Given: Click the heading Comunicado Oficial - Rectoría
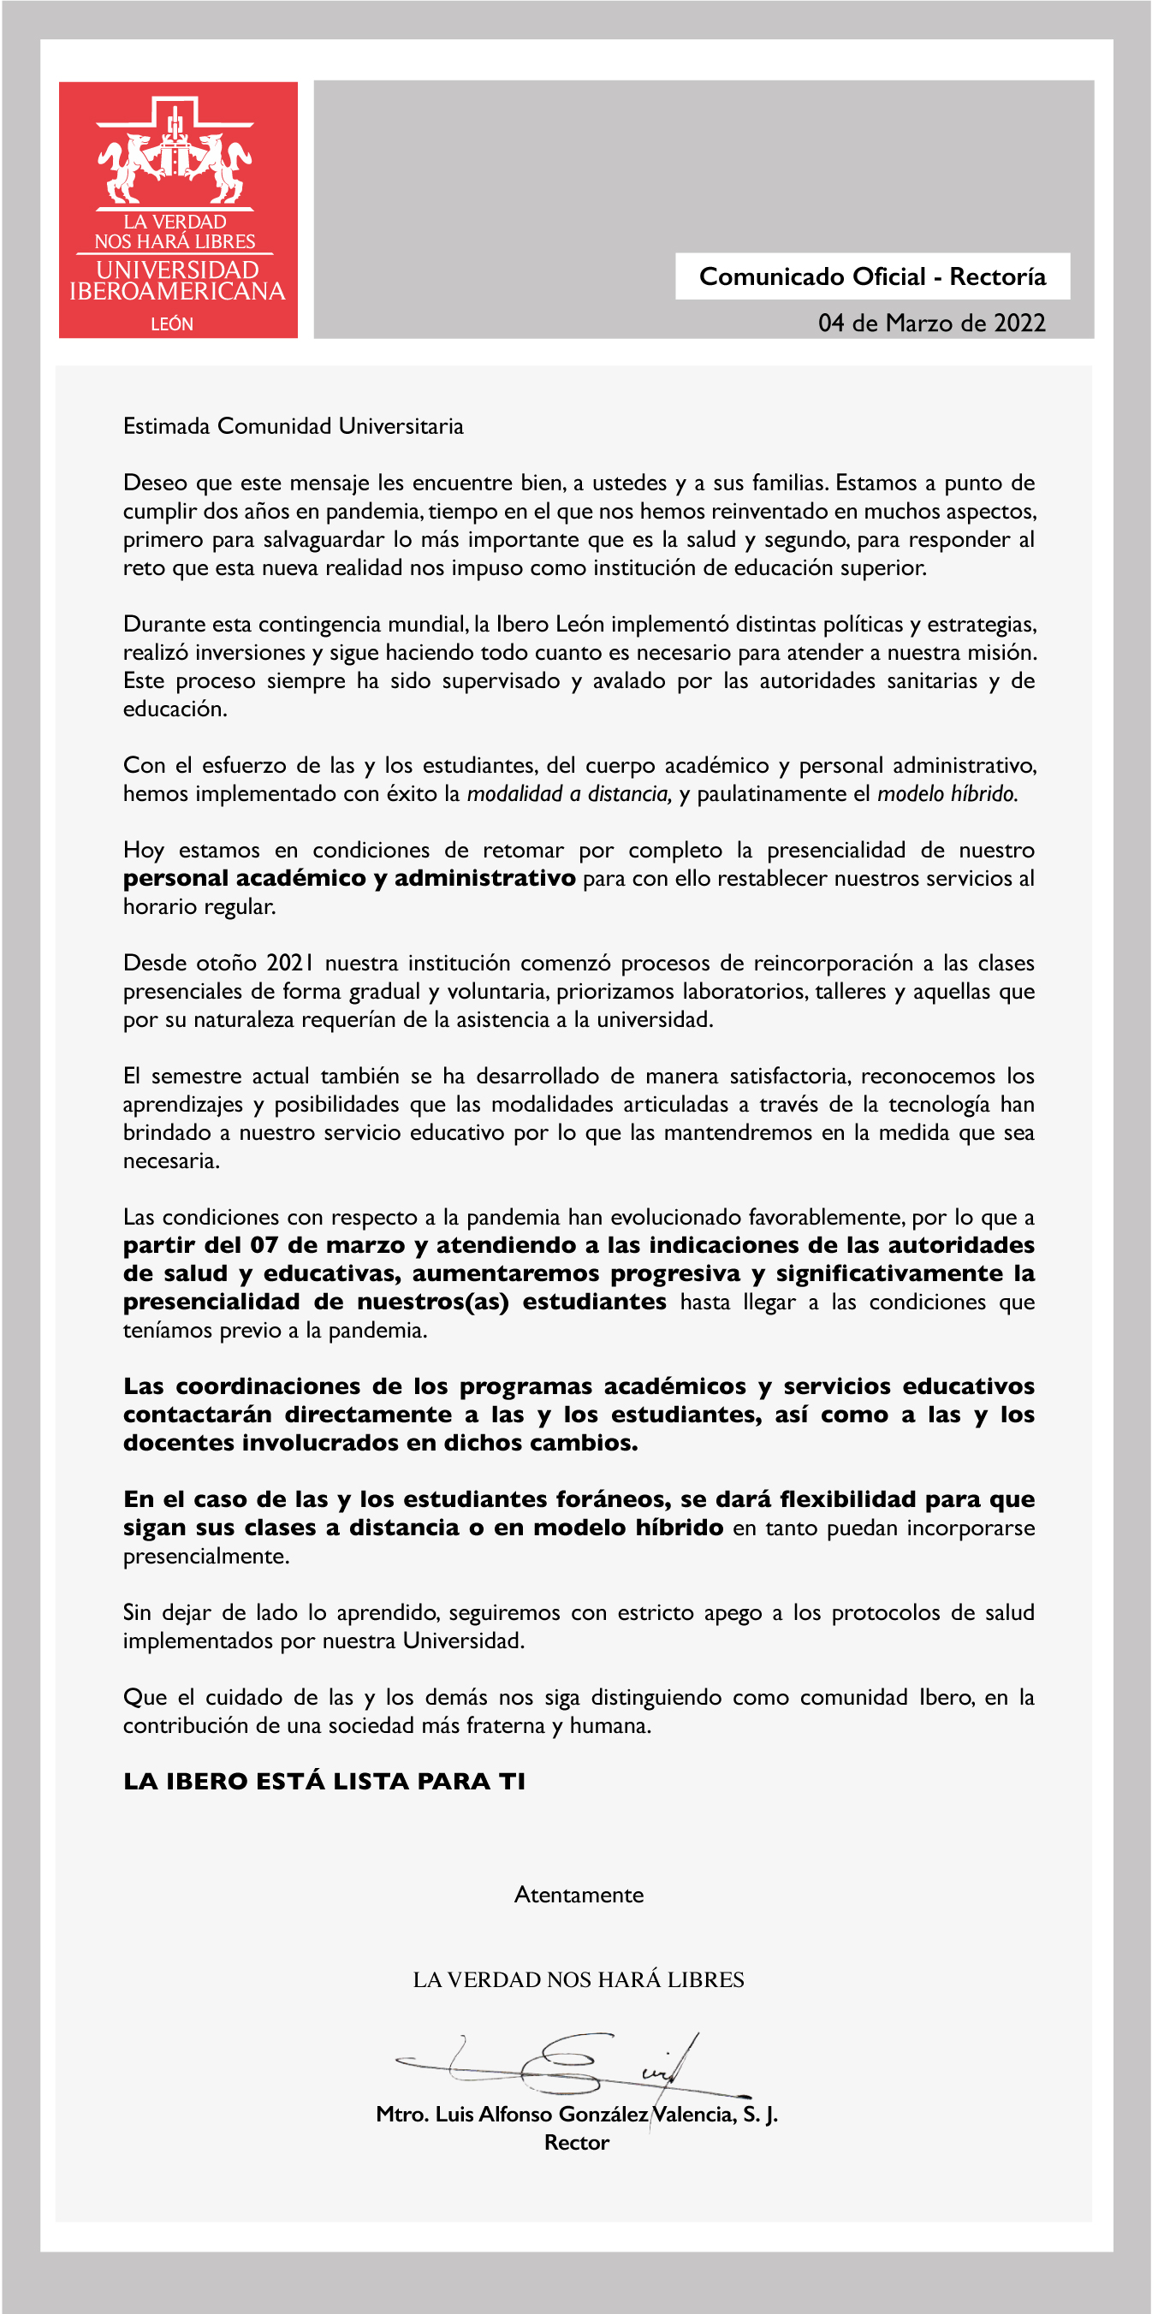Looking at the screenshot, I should (x=871, y=276).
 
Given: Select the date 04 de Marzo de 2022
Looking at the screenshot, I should (x=931, y=323).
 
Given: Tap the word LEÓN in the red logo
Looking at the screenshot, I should (x=172, y=323).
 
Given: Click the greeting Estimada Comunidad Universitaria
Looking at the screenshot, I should (x=293, y=426).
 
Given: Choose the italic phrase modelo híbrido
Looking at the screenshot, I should (x=947, y=793).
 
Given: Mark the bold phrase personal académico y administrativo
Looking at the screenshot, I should (x=348, y=878).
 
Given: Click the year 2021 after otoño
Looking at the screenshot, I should (x=289, y=963).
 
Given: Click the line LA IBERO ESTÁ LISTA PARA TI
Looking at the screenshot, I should (x=324, y=1782).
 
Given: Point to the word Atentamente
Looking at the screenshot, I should (x=579, y=1895).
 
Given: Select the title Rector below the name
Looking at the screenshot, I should (x=576, y=2143).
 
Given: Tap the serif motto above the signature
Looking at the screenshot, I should (x=578, y=1980).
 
